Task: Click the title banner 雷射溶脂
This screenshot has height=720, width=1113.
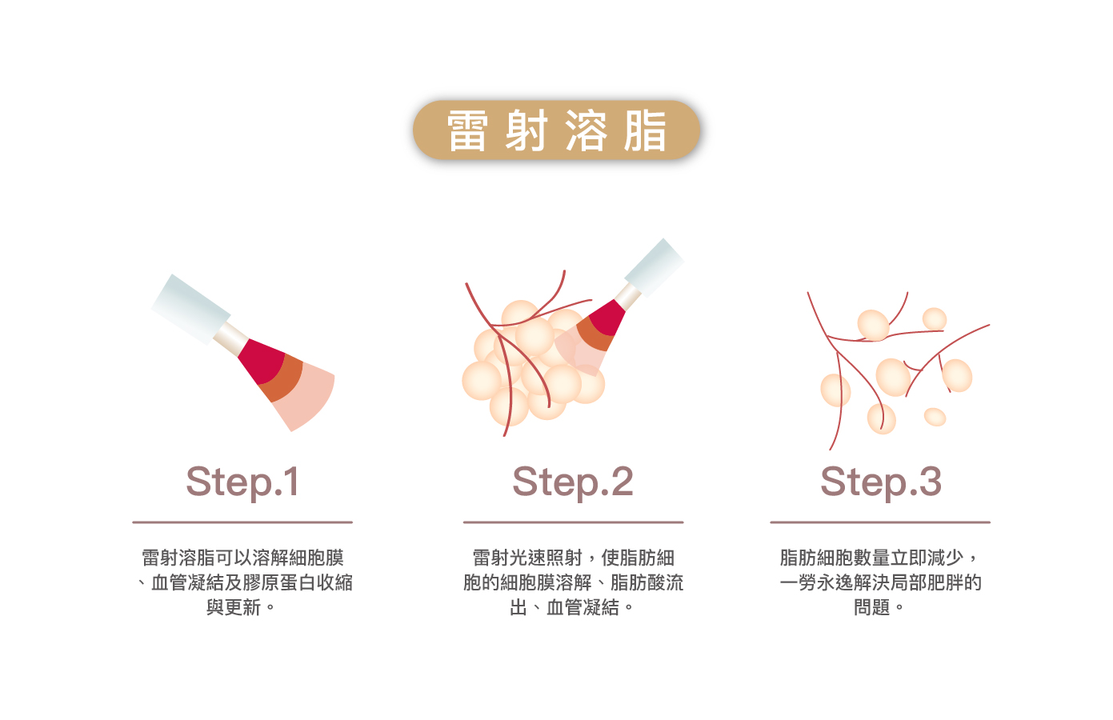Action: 556,130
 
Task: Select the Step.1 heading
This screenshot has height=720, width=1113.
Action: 242,482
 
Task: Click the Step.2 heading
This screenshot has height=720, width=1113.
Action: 573,482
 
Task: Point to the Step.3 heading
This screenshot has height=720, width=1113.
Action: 880,482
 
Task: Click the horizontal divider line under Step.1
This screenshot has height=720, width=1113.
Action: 242,522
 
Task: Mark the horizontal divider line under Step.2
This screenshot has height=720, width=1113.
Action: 573,522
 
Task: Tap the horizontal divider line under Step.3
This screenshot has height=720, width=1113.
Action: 880,522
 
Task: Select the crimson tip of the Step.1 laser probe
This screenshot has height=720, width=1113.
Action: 260,359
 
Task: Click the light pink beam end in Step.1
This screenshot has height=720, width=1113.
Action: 308,400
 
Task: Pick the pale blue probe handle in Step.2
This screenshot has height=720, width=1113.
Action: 654,267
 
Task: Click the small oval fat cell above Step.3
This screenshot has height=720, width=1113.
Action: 935,417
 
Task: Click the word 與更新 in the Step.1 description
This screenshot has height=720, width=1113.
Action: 234,608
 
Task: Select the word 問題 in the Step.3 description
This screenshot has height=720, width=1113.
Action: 871,608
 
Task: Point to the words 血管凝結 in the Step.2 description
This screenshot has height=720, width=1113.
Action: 583,608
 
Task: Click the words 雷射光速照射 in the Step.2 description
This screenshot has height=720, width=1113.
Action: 527,558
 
